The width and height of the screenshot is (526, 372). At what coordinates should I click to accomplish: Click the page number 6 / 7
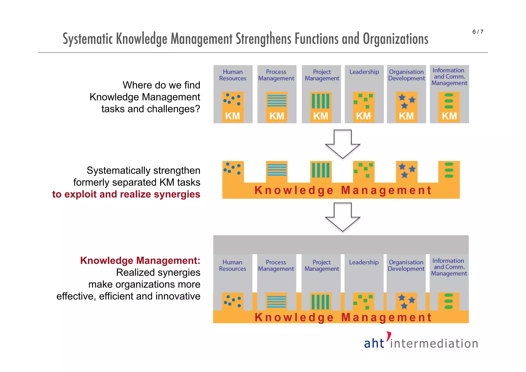(478, 32)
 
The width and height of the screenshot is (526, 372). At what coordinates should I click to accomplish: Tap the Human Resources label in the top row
(233, 75)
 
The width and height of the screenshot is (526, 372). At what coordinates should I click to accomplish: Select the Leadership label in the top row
(364, 72)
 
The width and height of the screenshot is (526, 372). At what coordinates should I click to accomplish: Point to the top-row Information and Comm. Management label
(449, 77)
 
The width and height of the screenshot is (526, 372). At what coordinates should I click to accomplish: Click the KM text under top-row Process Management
(277, 116)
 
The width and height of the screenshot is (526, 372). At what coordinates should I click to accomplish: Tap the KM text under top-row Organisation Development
(406, 116)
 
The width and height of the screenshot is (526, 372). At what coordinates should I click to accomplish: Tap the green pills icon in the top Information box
(449, 101)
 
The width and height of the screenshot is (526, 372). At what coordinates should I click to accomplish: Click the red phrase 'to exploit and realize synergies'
(126, 194)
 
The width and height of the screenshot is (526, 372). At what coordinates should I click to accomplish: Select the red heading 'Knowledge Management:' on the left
(140, 260)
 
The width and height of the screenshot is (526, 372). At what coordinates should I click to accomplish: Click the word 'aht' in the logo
(374, 343)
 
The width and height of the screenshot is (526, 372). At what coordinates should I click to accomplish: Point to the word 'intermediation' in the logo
(434, 344)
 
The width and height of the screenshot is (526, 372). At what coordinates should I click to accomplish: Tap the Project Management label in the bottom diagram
(322, 266)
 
